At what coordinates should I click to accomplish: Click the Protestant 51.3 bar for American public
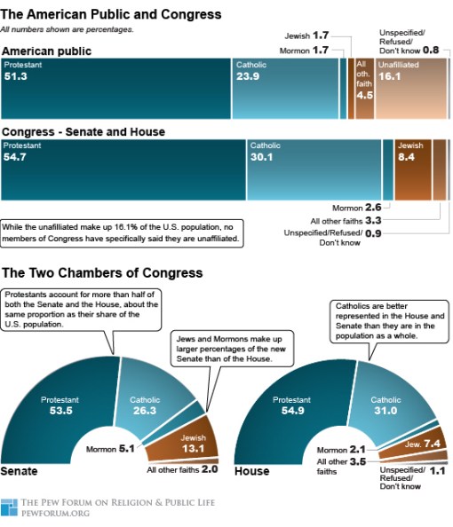[115, 89]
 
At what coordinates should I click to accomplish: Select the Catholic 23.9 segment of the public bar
[284, 89]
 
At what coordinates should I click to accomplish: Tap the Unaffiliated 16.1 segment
[409, 89]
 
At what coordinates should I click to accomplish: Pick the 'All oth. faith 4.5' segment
[363, 89]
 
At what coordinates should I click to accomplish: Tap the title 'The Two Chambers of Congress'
[102, 272]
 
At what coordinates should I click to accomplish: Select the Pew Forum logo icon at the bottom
[9, 507]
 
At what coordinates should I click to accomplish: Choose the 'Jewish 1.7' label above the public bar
[307, 35]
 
